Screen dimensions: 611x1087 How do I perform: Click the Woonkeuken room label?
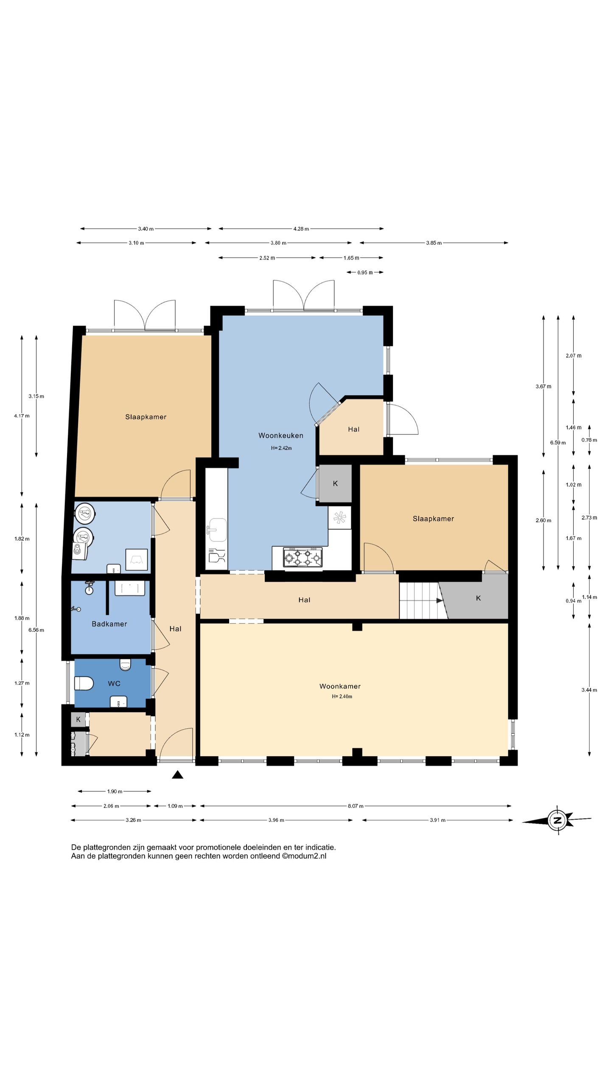pyautogui.click(x=280, y=435)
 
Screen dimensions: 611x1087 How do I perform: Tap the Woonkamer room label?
pyautogui.click(x=340, y=686)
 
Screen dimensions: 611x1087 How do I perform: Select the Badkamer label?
pyautogui.click(x=109, y=624)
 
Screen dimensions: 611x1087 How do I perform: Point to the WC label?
pyautogui.click(x=114, y=683)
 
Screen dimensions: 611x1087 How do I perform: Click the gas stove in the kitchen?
pyautogui.click(x=303, y=558)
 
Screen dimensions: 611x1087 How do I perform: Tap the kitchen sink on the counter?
pyautogui.click(x=217, y=529)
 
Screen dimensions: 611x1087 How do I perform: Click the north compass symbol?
pyautogui.click(x=557, y=820)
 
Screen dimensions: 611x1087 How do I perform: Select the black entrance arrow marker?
pyautogui.click(x=177, y=775)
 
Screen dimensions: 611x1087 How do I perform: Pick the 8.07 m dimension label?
pyautogui.click(x=356, y=806)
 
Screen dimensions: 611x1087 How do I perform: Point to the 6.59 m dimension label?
pyautogui.click(x=558, y=442)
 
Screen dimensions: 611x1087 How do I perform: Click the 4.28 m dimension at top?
pyautogui.click(x=301, y=229)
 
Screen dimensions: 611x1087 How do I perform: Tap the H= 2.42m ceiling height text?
pyautogui.click(x=281, y=448)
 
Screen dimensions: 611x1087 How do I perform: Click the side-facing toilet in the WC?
pyautogui.click(x=84, y=683)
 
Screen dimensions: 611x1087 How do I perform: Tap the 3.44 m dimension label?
pyautogui.click(x=589, y=690)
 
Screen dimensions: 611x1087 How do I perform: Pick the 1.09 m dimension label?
pyautogui.click(x=175, y=806)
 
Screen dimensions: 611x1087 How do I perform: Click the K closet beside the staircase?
pyautogui.click(x=478, y=598)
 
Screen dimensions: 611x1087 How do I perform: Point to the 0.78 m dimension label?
pyautogui.click(x=589, y=440)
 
